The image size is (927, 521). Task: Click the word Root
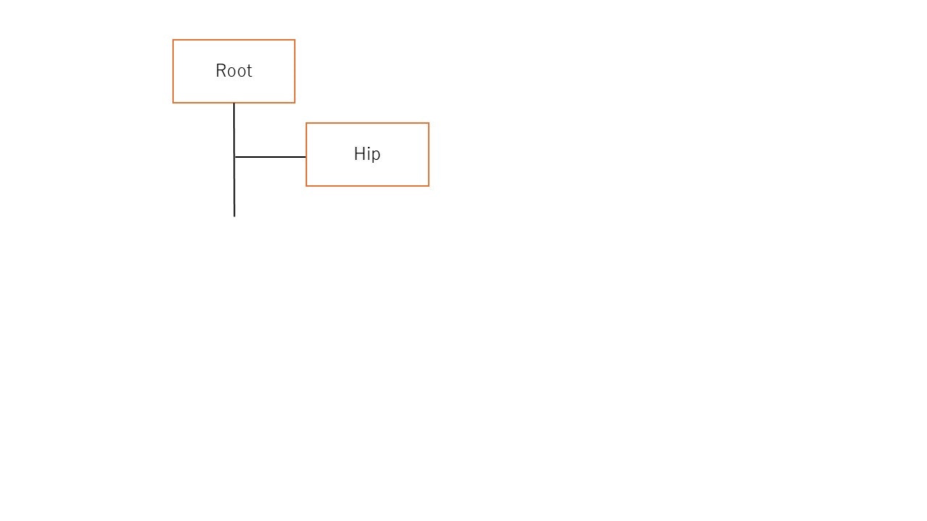[x=234, y=71]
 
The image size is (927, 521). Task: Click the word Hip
[x=367, y=155]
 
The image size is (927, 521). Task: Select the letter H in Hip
[x=359, y=154]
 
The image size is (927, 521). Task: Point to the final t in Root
[x=249, y=72]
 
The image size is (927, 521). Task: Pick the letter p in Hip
[x=376, y=156]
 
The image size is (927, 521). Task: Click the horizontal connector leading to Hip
[x=270, y=157]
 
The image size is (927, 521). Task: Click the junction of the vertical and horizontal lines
[x=234, y=157]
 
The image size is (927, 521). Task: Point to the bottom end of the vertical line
[x=234, y=216]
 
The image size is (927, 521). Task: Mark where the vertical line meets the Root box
[x=234, y=103]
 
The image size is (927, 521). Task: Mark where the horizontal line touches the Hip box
[x=306, y=157]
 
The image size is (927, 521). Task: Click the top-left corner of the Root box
[x=173, y=40]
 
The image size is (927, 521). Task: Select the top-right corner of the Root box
[x=295, y=40]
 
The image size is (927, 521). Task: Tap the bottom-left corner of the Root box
[x=173, y=103]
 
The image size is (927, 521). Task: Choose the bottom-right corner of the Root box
[x=295, y=103]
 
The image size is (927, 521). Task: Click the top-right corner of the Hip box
[x=429, y=123]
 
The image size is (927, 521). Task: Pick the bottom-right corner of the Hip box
[x=429, y=186]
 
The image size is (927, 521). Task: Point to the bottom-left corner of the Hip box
[x=306, y=186]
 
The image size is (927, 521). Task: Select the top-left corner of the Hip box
[x=306, y=123]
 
